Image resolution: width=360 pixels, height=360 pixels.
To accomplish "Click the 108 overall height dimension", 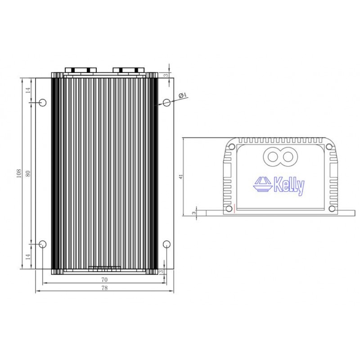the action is pyautogui.click(x=19, y=173).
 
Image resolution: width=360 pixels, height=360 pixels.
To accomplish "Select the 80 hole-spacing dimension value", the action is pyautogui.click(x=28, y=174).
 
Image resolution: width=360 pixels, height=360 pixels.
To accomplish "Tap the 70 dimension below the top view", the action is pyautogui.click(x=104, y=279).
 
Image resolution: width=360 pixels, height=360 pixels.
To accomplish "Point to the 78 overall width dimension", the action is pyautogui.click(x=104, y=288).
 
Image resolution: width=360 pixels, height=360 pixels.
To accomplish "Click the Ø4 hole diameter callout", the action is pyautogui.click(x=183, y=95).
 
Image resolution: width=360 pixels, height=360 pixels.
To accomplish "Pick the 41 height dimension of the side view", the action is pyautogui.click(x=181, y=176).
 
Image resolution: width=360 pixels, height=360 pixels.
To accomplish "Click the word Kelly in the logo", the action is pyautogui.click(x=289, y=185).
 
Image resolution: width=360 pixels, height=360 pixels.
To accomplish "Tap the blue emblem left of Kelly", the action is pyautogui.click(x=263, y=184).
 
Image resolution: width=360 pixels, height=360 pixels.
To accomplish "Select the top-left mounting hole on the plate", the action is pyautogui.click(x=42, y=103).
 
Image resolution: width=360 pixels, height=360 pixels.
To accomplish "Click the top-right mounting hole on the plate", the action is pyautogui.click(x=166, y=103).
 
